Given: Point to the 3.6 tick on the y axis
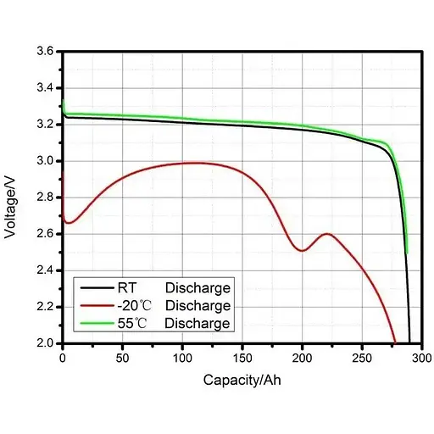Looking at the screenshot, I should pyautogui.click(x=45, y=52).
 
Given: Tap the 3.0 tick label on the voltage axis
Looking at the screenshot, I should pyautogui.click(x=45, y=161).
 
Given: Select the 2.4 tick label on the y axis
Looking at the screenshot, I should pyautogui.click(x=45, y=270).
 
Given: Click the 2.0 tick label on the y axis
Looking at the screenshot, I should pyautogui.click(x=45, y=343).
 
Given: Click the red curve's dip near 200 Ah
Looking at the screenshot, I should pyautogui.click(x=302, y=250).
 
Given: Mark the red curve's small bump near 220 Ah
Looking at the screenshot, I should pyautogui.click(x=326, y=233).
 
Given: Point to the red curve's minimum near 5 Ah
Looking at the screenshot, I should pyautogui.click(x=69, y=223).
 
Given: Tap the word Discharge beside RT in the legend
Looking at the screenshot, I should pyautogui.click(x=198, y=288).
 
